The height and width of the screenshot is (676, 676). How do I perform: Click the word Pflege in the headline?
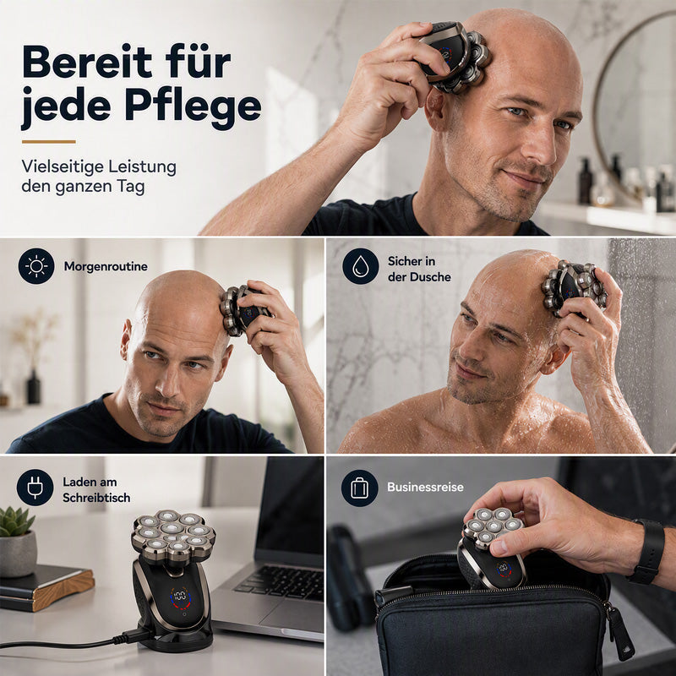(x=194, y=107)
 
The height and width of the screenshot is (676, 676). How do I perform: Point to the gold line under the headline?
(x=49, y=141)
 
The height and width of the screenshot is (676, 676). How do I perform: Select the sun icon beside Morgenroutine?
(x=36, y=266)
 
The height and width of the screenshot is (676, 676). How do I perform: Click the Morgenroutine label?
(x=106, y=266)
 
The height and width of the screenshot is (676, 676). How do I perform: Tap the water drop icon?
(x=361, y=266)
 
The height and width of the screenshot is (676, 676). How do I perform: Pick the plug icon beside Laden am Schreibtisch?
(x=35, y=488)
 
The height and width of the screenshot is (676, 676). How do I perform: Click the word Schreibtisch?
(x=96, y=498)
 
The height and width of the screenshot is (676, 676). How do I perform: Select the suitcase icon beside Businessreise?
(x=360, y=488)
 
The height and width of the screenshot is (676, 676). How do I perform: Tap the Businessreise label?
(x=425, y=488)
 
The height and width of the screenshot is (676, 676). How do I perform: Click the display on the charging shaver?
(x=181, y=597)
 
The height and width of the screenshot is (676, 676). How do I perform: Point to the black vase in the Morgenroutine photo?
(x=34, y=387)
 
